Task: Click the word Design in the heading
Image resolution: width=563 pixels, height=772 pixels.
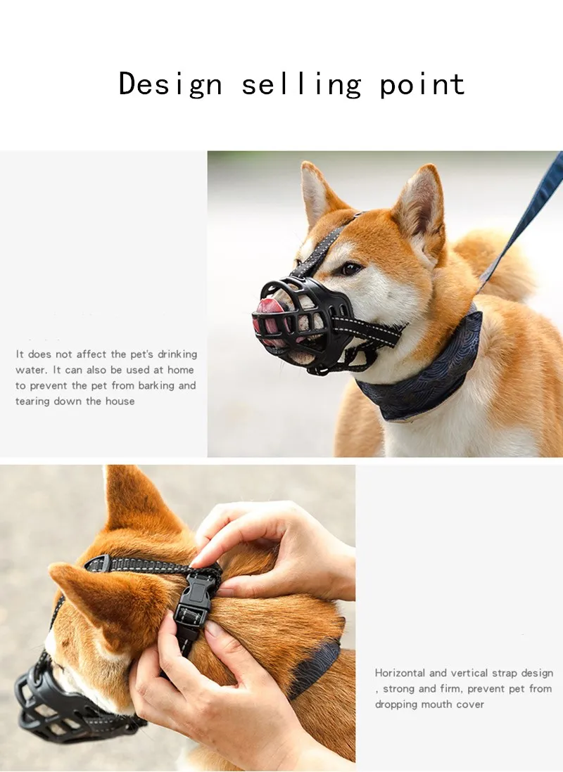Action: point(170,84)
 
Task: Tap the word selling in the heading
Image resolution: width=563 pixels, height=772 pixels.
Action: point(301,84)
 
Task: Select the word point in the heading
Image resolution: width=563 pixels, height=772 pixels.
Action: point(422,84)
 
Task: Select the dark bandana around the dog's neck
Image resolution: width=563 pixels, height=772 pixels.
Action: point(422,373)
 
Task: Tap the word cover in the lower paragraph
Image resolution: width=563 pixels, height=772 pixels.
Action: point(469,704)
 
